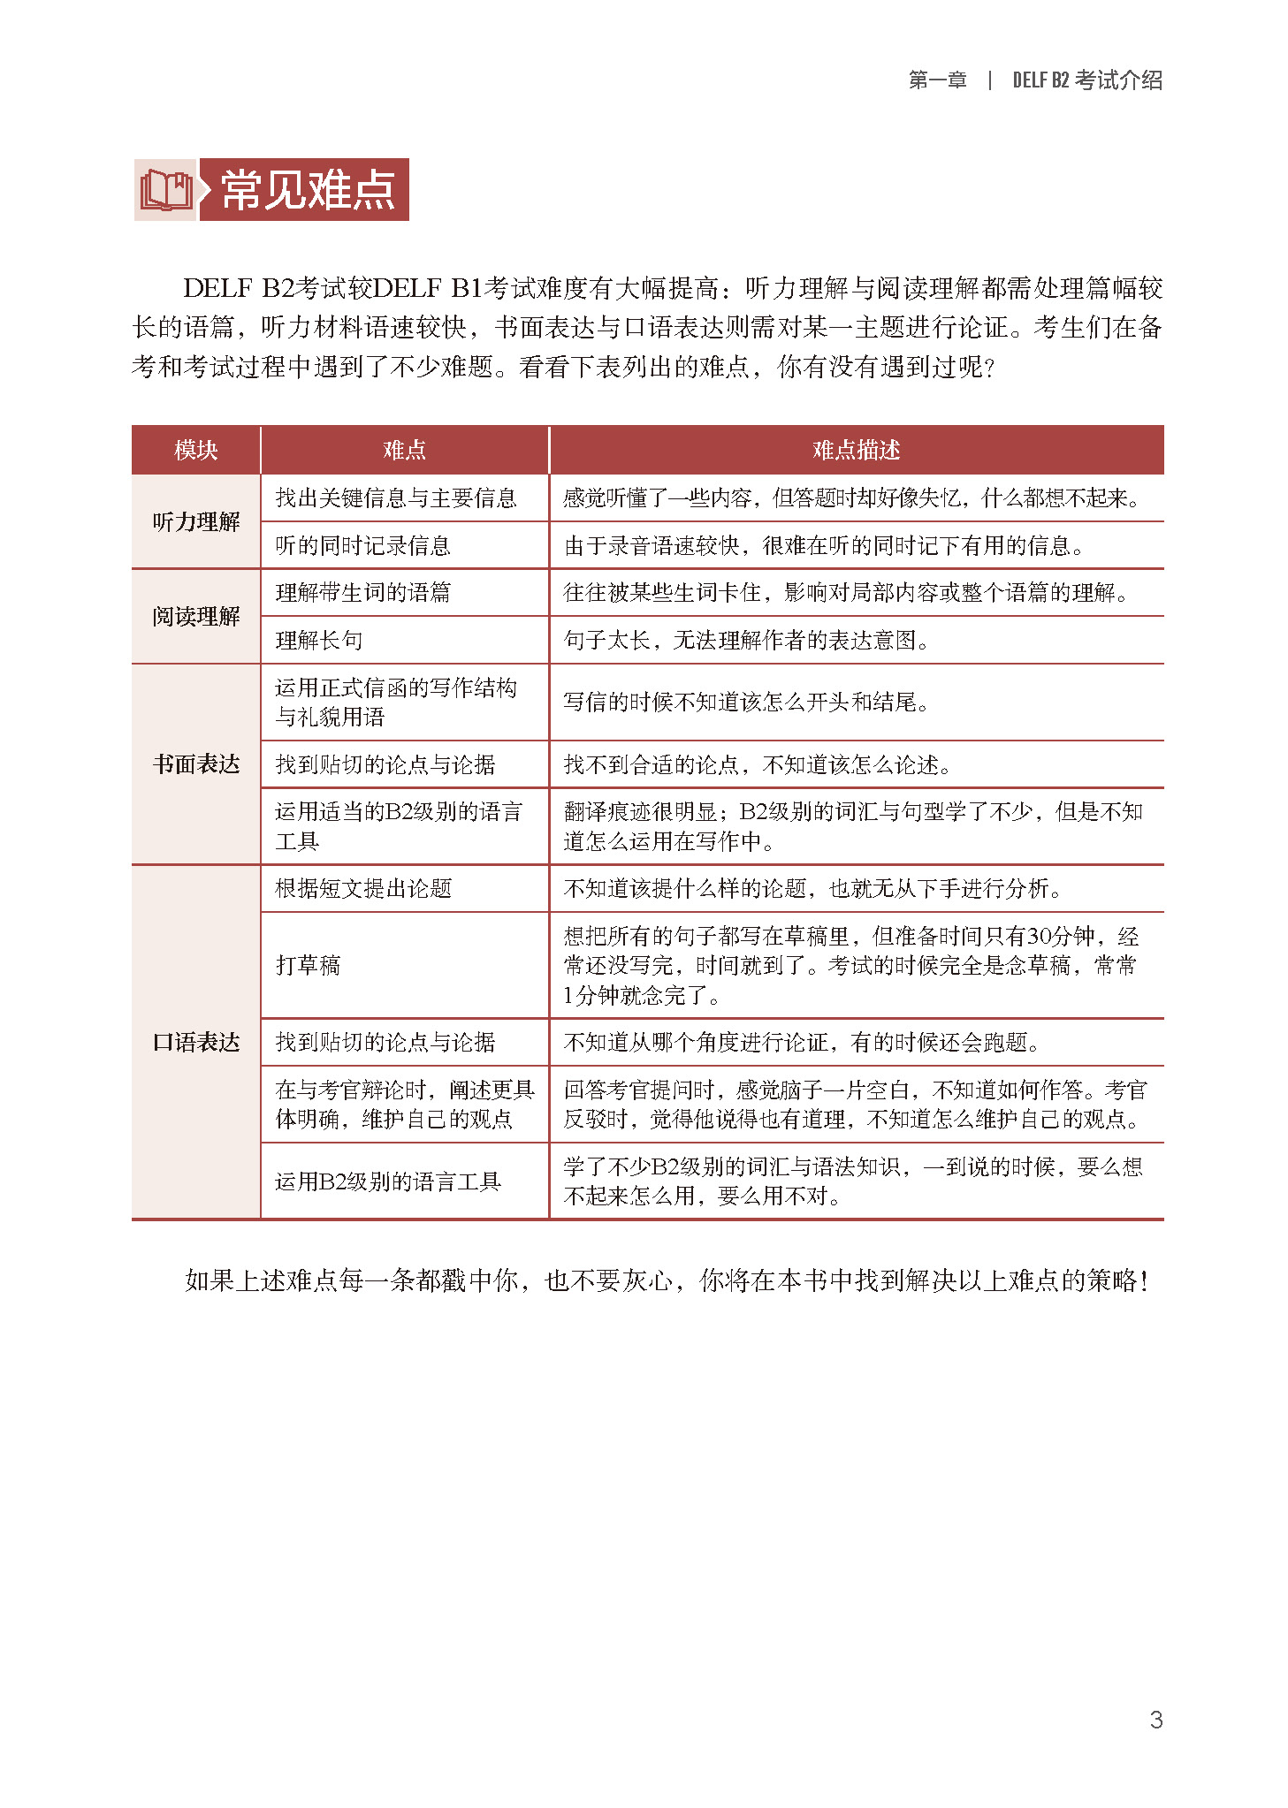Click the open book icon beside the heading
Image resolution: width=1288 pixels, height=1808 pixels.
point(166,190)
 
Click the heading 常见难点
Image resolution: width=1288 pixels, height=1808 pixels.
point(307,190)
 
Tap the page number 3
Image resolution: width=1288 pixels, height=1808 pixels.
point(1155,1719)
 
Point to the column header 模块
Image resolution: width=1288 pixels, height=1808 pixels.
point(195,451)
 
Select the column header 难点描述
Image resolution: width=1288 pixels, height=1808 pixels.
point(856,451)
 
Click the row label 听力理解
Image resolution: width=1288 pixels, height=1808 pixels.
point(195,522)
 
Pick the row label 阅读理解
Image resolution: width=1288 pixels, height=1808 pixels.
point(195,617)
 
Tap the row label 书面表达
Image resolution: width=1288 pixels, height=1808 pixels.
point(195,764)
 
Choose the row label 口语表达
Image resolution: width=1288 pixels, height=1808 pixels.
point(195,1043)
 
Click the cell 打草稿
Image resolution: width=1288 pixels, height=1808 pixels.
point(309,965)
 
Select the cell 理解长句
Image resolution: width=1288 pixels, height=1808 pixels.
point(319,641)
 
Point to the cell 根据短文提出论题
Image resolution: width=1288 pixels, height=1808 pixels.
point(363,889)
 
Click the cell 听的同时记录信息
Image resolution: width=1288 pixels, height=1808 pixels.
point(362,546)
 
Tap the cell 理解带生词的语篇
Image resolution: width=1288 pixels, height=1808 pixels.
point(362,593)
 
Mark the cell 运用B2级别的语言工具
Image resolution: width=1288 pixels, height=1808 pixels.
point(388,1181)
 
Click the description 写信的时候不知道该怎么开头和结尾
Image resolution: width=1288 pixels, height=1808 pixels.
point(746,703)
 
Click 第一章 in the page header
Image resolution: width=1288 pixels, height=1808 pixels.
point(937,80)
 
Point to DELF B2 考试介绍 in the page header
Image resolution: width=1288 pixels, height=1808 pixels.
point(1087,80)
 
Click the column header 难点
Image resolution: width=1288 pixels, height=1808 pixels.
point(405,451)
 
